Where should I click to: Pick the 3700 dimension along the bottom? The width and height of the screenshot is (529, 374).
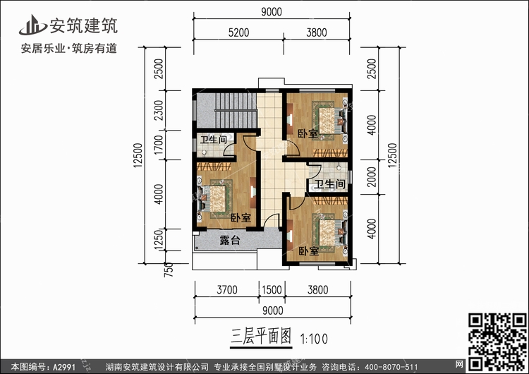click(227, 289)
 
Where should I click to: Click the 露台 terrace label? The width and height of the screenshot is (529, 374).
click(230, 241)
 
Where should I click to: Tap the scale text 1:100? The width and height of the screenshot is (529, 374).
click(314, 337)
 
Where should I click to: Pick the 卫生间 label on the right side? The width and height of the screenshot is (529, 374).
click(329, 184)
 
